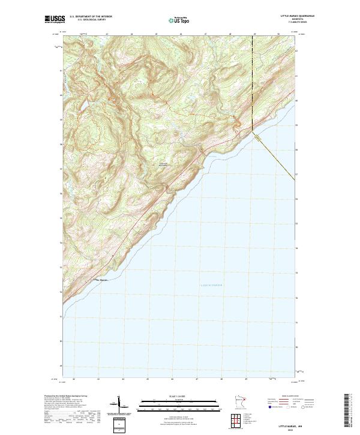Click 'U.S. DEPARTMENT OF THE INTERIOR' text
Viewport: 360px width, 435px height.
coord(91,17)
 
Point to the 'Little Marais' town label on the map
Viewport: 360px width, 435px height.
coord(98,280)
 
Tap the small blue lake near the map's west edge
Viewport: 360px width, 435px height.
coord(83,106)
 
